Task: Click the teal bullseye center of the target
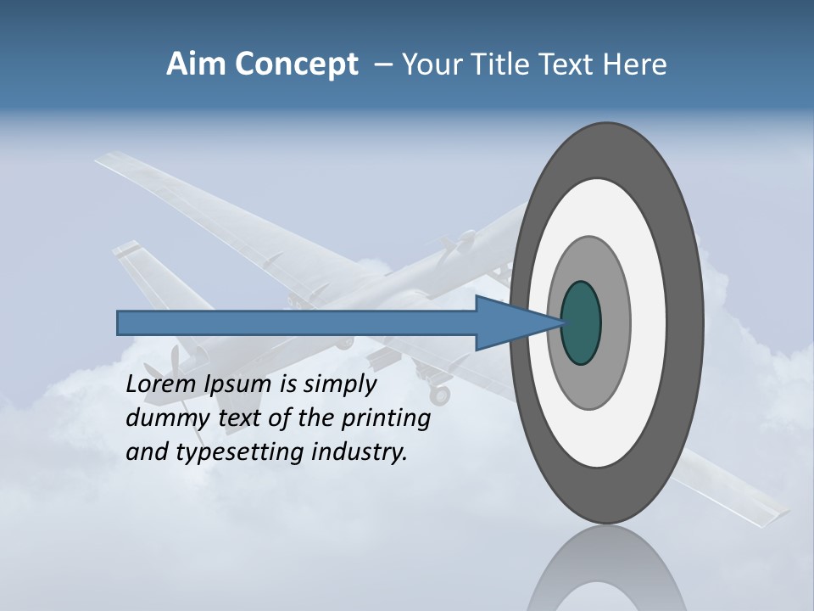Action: [x=581, y=323]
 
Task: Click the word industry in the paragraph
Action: [x=360, y=453]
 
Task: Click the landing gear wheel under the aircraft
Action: [x=439, y=395]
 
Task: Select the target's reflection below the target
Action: [x=607, y=573]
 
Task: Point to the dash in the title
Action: [x=383, y=64]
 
